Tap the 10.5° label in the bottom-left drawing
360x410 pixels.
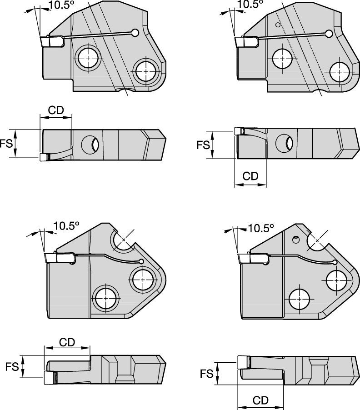[66, 226]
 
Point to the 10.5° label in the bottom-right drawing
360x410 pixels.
[261, 228]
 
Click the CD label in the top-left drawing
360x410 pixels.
[56, 110]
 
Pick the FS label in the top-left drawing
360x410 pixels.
[6, 144]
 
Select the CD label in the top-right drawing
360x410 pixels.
[250, 176]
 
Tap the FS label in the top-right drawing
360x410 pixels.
[203, 145]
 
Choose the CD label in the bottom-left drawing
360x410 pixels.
[67, 342]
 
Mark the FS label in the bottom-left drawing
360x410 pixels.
[12, 366]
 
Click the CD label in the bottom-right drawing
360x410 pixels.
[260, 400]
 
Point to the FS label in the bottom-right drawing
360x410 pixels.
[207, 374]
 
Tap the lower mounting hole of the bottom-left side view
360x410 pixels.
[106, 298]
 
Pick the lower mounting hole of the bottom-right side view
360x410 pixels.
[301, 299]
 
